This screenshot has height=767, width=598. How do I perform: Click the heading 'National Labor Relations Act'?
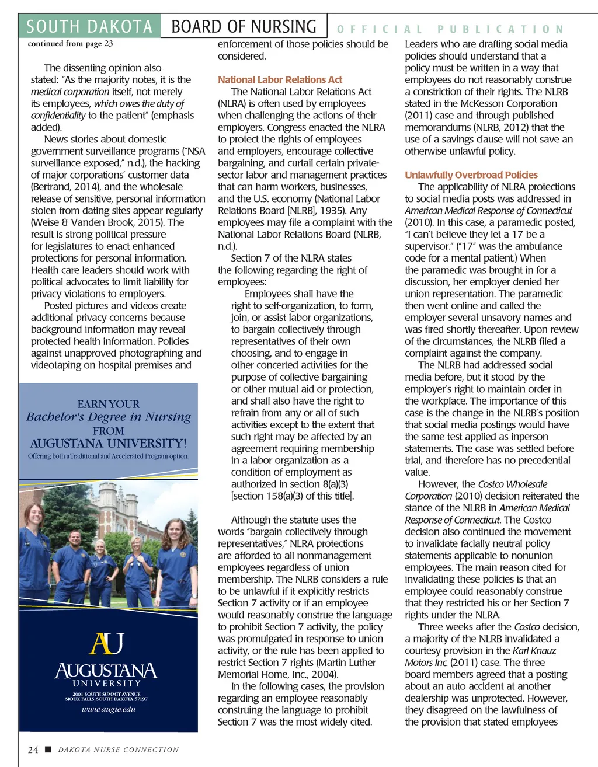[280, 80]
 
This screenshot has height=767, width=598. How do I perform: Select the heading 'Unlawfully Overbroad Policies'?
[471, 175]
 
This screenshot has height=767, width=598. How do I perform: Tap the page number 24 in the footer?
[33, 749]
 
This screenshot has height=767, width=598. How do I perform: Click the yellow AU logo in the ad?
[107, 643]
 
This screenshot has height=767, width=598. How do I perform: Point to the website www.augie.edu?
[109, 709]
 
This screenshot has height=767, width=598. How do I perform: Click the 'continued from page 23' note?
[70, 44]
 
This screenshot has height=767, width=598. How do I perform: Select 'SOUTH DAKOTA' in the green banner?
[89, 27]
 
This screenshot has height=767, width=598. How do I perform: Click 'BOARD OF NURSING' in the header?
[244, 27]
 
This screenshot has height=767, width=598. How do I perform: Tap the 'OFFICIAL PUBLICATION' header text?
[450, 29]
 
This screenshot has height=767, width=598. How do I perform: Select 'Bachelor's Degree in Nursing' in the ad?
[109, 417]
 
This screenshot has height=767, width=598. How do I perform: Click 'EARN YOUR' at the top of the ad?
[109, 404]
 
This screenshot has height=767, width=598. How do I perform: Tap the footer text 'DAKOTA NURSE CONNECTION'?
[118, 749]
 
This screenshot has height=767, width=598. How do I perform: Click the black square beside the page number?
[48, 749]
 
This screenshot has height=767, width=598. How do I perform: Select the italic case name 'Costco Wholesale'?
[512, 484]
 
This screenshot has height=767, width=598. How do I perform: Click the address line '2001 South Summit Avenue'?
[106, 694]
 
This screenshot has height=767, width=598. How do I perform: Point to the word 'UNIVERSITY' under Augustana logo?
[107, 683]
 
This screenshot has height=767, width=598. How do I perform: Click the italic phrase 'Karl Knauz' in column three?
[534, 650]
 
